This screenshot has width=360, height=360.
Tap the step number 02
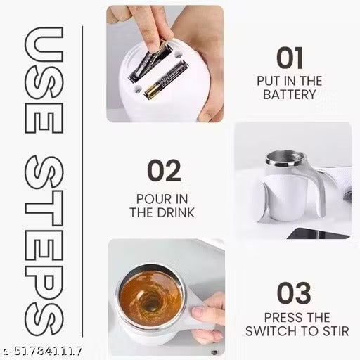tap(164, 170)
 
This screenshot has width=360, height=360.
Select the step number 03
tap(293, 293)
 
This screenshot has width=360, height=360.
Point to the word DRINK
tap(176, 212)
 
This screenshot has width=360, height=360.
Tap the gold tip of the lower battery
tap(153, 91)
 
